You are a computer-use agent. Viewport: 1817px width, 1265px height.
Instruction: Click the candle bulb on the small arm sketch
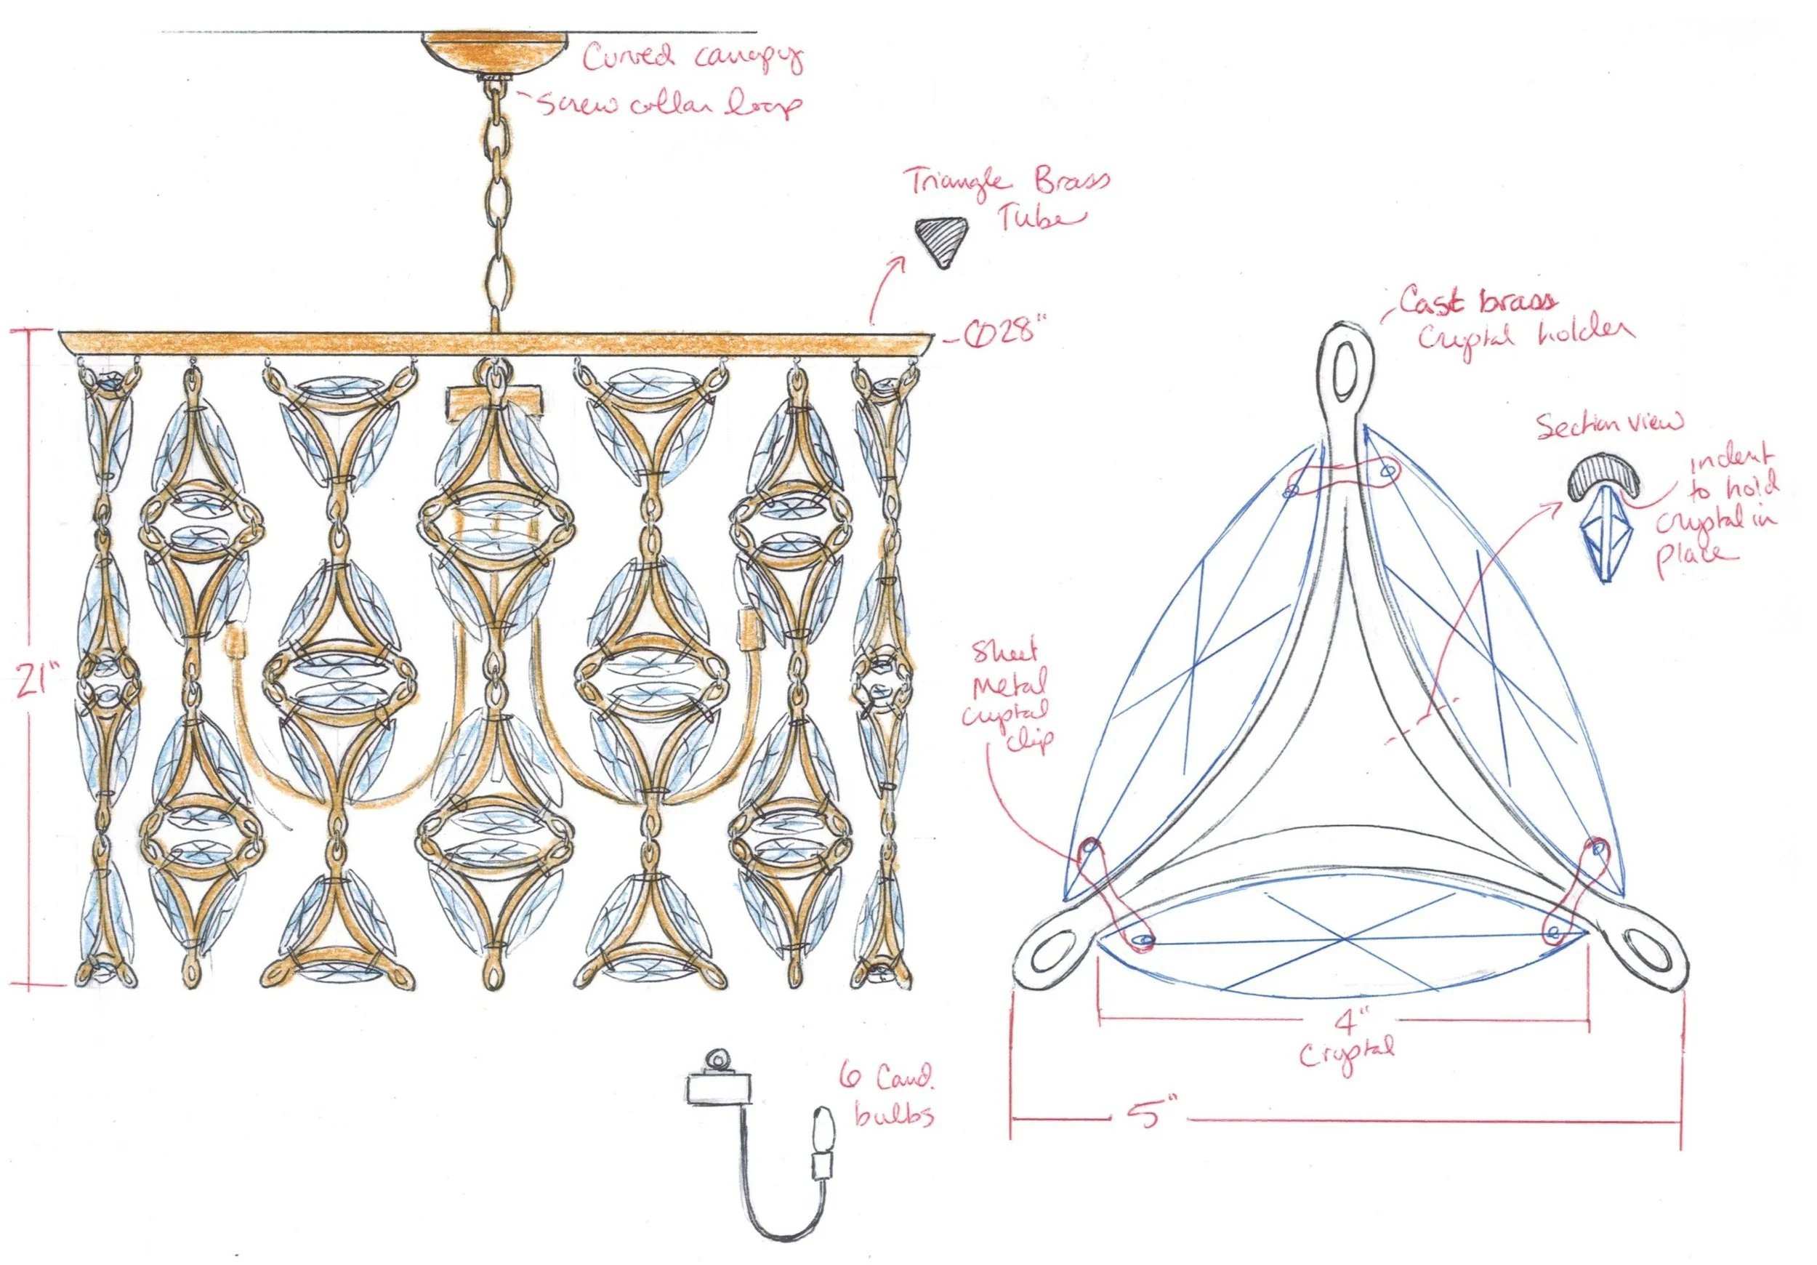coord(823,1128)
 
